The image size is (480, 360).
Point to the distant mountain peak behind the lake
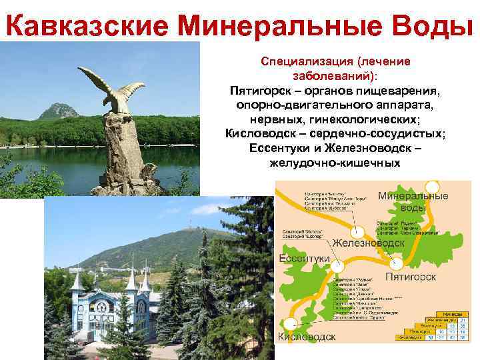click(x=58, y=109)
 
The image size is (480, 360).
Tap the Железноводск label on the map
click(x=368, y=243)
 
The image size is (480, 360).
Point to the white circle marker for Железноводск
click(x=357, y=231)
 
